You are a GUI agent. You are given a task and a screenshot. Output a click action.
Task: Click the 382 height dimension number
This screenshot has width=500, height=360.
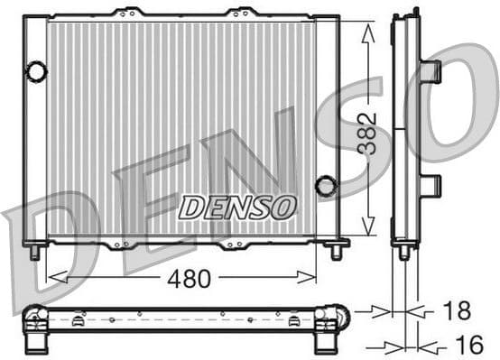(x=366, y=134)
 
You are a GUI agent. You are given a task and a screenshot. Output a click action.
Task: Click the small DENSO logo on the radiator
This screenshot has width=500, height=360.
(x=237, y=207)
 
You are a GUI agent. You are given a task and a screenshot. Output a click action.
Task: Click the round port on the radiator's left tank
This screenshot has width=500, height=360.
(x=36, y=71)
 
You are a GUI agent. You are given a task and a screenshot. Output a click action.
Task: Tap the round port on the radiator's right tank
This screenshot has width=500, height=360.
(x=325, y=187)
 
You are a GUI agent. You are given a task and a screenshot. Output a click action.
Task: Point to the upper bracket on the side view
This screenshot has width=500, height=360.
(x=430, y=71)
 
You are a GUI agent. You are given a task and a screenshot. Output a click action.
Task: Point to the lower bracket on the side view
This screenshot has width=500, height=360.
(x=430, y=186)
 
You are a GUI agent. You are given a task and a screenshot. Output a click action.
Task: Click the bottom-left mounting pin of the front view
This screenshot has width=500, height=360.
(x=34, y=251)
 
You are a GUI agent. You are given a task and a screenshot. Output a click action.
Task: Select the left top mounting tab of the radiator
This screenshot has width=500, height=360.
(x=128, y=13)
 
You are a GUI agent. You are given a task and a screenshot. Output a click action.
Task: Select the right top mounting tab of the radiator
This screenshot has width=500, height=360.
(x=241, y=13)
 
